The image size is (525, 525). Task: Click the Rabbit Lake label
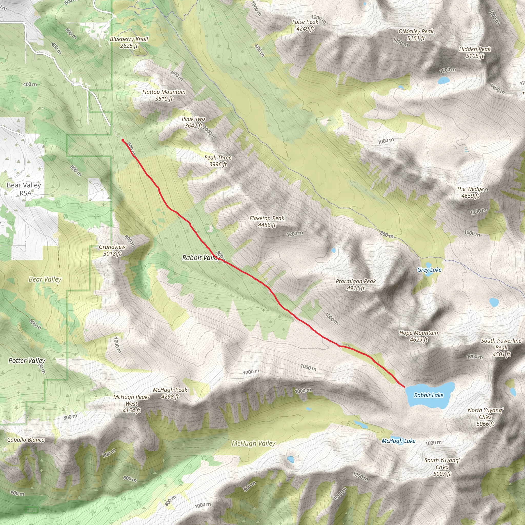[x=429, y=395]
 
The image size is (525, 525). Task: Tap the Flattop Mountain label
[x=164, y=95]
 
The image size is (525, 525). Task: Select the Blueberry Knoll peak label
[x=129, y=42]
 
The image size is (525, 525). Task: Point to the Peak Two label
[x=193, y=122]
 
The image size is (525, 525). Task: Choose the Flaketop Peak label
[x=267, y=221]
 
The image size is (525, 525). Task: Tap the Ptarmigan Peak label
[x=356, y=285]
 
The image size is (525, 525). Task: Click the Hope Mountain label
[x=418, y=336]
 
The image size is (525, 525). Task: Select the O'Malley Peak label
[x=416, y=35]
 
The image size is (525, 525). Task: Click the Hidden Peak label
[x=475, y=53]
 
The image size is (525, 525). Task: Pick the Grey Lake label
[x=429, y=270]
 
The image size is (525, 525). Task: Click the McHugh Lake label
[x=398, y=441]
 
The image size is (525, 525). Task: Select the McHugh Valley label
[x=253, y=443]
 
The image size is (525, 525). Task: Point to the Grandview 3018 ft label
[x=112, y=250]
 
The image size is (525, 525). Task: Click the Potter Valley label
[x=27, y=361]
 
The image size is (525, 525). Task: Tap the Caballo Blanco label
[x=26, y=440]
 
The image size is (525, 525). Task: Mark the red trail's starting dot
[x=123, y=140]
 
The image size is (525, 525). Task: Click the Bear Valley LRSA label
[x=24, y=189]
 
